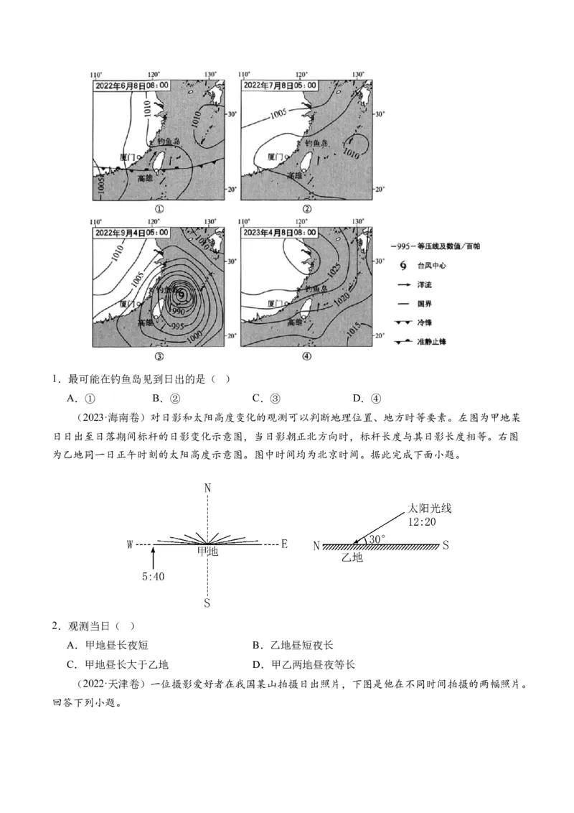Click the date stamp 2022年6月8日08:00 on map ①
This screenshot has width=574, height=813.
click(x=132, y=85)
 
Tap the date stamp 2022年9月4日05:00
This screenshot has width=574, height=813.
click(x=132, y=233)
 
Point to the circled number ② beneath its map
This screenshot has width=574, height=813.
click(x=306, y=209)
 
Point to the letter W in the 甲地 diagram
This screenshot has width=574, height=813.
click(x=131, y=545)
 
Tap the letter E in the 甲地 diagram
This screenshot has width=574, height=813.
click(x=284, y=544)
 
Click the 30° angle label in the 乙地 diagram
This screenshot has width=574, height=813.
click(x=377, y=538)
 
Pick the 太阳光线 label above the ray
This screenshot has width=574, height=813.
click(x=430, y=508)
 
